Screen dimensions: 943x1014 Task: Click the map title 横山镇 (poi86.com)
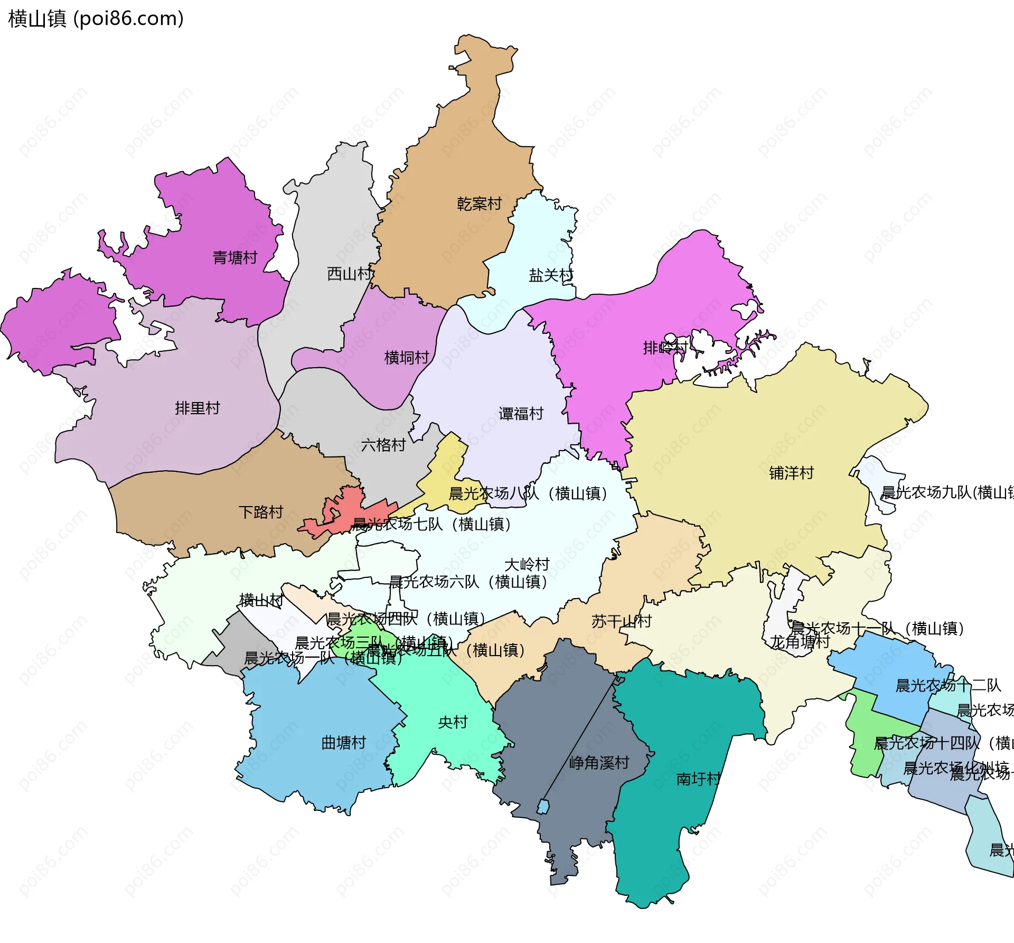(96, 19)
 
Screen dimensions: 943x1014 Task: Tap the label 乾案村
(479, 204)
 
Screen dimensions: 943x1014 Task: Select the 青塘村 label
(234, 258)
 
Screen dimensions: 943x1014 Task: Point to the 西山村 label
(349, 274)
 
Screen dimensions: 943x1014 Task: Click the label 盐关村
(551, 275)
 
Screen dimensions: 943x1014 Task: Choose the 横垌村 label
(406, 358)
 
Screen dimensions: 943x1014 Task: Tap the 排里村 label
(197, 408)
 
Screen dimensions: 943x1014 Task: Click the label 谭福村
(521, 414)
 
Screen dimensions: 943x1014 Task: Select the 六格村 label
(383, 445)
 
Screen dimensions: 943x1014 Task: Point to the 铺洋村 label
(791, 473)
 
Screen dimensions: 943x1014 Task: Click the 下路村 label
(261, 512)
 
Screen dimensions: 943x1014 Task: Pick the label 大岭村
(527, 564)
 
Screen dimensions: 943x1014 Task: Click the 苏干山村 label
(621, 621)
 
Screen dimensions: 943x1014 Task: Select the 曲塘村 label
(343, 743)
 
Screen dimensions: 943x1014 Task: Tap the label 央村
(453, 722)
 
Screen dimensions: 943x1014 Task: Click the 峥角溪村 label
(599, 763)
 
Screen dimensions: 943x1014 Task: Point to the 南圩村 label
(698, 779)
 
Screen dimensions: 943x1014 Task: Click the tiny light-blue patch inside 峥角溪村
(543, 807)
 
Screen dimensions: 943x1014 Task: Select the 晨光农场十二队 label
(948, 686)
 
